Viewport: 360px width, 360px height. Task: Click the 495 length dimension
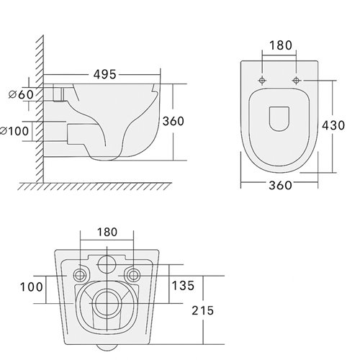(x=104, y=74)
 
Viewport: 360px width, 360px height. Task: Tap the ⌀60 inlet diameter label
(x=21, y=94)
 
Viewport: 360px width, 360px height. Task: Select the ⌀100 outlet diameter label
(x=14, y=131)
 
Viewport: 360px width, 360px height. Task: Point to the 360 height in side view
(x=174, y=121)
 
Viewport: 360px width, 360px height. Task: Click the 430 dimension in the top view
(x=333, y=125)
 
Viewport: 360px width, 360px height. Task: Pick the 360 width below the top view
(x=280, y=185)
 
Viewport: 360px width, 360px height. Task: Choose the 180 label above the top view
(x=281, y=45)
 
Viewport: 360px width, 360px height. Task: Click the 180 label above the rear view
(x=107, y=232)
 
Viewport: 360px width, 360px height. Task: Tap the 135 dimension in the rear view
(x=183, y=286)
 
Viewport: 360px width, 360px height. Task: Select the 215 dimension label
(x=202, y=310)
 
